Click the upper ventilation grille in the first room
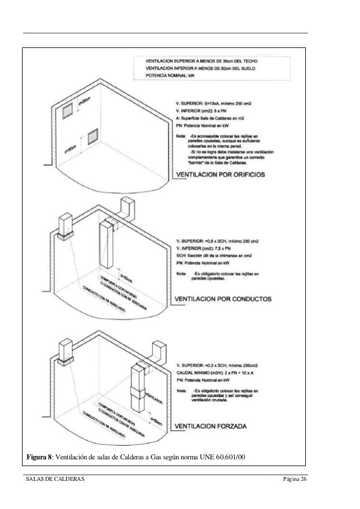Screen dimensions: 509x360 pyautogui.click(x=67, y=112)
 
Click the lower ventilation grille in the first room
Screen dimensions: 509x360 pyautogui.click(x=92, y=136)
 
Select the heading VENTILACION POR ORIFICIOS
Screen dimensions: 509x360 pyautogui.click(x=221, y=175)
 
